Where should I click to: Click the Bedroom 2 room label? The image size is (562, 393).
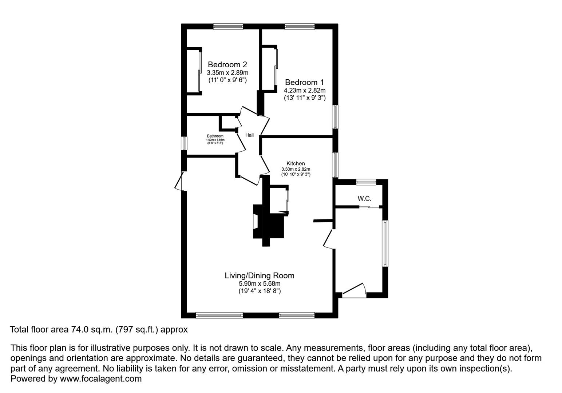coord(227,65)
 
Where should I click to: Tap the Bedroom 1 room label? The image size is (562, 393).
coord(304,83)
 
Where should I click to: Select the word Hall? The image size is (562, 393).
coord(249,135)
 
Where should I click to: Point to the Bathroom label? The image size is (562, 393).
coord(215,136)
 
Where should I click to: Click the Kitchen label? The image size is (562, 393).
coord(296,164)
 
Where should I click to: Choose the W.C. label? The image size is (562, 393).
coord(364,199)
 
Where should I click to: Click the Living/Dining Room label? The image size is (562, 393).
coord(259,276)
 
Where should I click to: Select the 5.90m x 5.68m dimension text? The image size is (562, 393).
coord(259,284)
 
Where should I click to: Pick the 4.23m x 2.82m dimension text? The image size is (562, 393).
coord(305,91)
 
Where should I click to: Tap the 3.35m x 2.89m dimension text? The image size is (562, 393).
coord(227,73)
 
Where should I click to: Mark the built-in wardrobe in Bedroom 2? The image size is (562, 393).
coord(193,71)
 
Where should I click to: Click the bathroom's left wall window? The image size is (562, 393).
coord(184,143)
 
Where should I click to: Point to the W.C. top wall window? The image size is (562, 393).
coord(366,182)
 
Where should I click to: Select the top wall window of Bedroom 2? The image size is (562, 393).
coord(228,26)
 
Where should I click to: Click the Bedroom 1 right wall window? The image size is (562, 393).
coord(335,117)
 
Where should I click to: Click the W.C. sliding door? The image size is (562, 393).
coord(369,207)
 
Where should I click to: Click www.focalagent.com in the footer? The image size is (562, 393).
coord(100,379)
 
